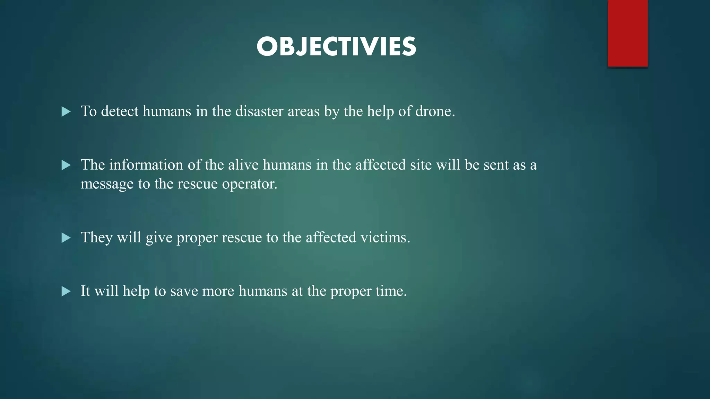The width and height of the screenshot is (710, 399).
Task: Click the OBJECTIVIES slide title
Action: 336,47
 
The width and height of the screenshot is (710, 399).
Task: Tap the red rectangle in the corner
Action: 627,33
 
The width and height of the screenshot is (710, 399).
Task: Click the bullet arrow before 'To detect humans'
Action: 66,112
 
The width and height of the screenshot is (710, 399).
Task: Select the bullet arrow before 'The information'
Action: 66,165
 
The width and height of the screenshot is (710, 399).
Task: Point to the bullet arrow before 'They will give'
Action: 66,238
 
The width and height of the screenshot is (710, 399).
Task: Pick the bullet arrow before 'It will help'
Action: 66,291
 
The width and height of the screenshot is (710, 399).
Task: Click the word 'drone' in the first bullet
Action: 433,111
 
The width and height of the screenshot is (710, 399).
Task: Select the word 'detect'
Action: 120,111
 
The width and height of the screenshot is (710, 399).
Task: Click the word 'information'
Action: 146,165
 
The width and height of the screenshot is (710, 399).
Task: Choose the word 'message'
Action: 107,184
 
